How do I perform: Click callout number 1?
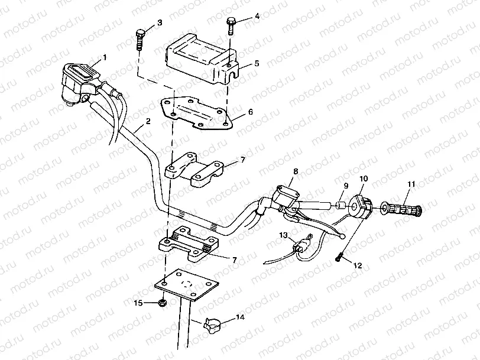(x=105, y=57)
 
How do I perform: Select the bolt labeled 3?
(x=140, y=38)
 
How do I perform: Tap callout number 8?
(x=296, y=171)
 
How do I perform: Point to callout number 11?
(x=411, y=183)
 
